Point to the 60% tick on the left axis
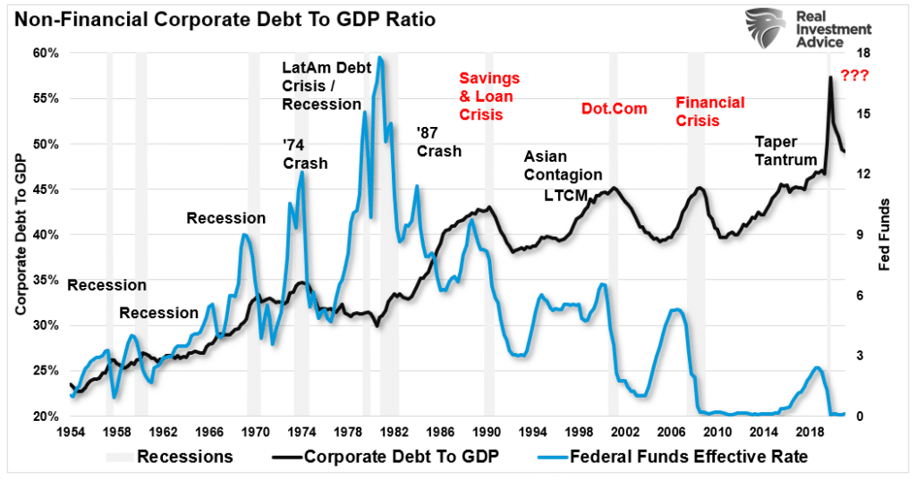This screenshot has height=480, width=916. (x=46, y=53)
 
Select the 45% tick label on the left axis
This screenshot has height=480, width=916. (x=46, y=189)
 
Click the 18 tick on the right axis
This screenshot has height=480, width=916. (x=864, y=53)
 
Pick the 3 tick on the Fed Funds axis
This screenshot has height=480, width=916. (x=861, y=356)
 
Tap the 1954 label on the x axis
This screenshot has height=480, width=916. (x=70, y=433)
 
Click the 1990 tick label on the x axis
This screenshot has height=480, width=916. (x=488, y=433)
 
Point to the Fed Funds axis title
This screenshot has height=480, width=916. (x=885, y=234)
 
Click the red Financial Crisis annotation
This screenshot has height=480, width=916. (x=709, y=112)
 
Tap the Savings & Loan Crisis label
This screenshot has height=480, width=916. (x=488, y=97)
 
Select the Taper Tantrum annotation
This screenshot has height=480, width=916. (x=785, y=151)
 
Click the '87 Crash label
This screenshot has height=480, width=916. (x=438, y=141)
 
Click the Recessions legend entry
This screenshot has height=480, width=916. (x=170, y=457)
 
